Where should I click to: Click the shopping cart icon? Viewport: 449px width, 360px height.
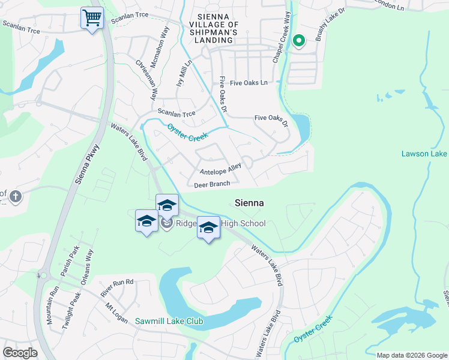pos(92,19)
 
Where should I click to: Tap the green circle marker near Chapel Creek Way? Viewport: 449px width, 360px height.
pos(298,41)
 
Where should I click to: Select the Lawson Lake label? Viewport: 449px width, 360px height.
pos(424,154)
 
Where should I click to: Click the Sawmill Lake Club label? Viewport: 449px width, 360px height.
pos(169,322)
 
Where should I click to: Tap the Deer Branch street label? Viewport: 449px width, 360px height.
pos(212,185)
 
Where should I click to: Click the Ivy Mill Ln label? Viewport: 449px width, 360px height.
pos(184,71)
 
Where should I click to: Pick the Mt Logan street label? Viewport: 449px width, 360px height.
pos(116,313)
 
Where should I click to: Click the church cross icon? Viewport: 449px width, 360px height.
pos(16,196)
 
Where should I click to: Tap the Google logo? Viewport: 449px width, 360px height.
pos(20,353)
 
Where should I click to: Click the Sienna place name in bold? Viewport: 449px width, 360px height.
pos(249,203)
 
